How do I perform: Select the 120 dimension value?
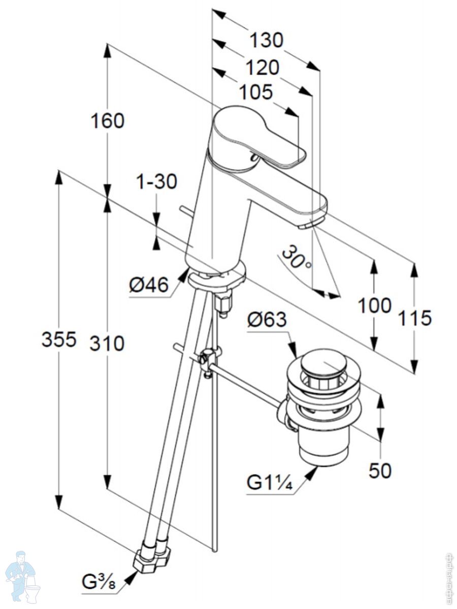click(263, 67)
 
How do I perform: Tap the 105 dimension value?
click(256, 92)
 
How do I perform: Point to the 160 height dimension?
click(107, 121)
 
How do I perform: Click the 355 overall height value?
click(59, 340)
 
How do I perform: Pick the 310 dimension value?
click(107, 344)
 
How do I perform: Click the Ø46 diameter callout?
click(149, 286)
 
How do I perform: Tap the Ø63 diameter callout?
click(267, 320)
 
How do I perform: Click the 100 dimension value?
click(375, 306)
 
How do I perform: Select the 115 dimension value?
click(414, 318)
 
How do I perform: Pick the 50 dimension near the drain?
click(380, 470)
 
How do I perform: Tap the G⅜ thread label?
click(100, 582)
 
